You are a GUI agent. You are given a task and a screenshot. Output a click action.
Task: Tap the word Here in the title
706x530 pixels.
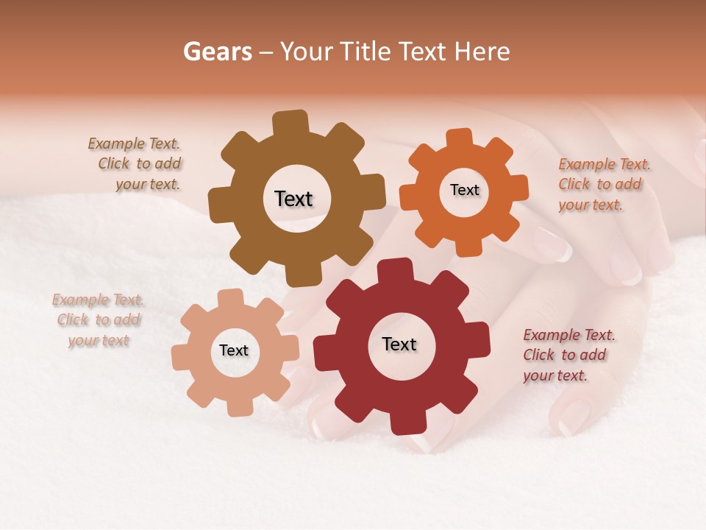point(483,52)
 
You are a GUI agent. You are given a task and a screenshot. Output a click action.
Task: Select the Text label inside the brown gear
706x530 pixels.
point(293,199)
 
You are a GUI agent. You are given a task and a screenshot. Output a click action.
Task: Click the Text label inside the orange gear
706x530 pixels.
point(464,190)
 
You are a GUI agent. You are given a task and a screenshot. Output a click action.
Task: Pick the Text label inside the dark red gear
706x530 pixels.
point(399,344)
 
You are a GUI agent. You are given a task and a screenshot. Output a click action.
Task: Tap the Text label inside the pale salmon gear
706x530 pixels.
point(234,351)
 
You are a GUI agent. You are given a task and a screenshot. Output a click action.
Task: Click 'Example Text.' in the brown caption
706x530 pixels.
point(134,144)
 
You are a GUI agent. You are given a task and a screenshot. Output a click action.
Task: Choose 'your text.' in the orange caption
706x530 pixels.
point(590,205)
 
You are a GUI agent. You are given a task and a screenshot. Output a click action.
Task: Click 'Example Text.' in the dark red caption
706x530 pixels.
point(569,335)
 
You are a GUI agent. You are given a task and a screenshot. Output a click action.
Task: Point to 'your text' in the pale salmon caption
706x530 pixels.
point(99,341)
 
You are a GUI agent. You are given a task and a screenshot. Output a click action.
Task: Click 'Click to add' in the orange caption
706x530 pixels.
point(599,185)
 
